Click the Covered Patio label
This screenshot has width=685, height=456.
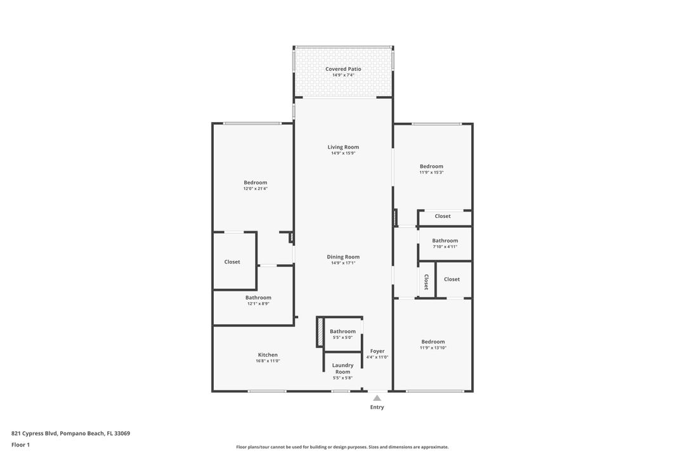343,69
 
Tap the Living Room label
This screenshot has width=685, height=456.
343,147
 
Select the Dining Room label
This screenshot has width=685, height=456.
343,256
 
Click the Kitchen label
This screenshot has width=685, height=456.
268,355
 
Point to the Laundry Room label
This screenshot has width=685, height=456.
343,369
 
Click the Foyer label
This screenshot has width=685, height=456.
377,351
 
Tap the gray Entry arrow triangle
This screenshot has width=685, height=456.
377,398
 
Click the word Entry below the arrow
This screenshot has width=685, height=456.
377,407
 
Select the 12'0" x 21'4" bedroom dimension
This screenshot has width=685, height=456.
256,189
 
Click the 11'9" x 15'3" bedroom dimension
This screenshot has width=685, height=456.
431,172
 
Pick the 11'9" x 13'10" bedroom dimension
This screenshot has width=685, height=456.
432,348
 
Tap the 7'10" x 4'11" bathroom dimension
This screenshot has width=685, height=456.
445,246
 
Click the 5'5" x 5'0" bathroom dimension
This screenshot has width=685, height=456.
342,338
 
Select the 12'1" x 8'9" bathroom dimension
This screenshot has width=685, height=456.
258,303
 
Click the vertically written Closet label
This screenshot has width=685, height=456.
426,282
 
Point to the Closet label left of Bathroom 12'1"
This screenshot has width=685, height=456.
232,262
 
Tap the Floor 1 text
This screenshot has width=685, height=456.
20,445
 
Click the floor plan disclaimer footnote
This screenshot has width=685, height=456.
342,447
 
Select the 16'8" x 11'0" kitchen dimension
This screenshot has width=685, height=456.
268,361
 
